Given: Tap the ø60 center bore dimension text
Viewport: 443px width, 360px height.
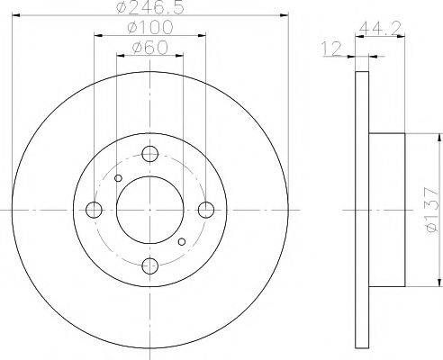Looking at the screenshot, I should point(149,47).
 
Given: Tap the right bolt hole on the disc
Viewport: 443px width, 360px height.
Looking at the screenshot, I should point(206,211).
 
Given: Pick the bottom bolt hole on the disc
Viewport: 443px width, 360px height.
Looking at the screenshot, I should point(150,266).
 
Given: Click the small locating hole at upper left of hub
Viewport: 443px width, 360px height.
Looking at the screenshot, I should point(119,179).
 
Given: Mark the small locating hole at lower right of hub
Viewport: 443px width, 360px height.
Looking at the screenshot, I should point(182,241).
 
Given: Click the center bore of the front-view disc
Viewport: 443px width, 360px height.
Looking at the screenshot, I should point(150,211).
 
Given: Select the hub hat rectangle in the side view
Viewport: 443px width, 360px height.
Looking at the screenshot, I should point(389,211).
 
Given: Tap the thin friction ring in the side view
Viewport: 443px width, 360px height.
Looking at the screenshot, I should point(362,211).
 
